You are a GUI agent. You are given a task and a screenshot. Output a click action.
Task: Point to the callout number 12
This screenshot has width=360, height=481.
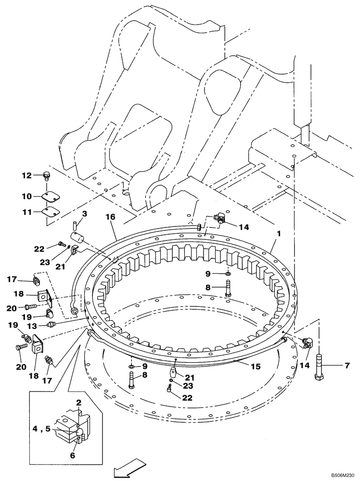(x=26, y=176)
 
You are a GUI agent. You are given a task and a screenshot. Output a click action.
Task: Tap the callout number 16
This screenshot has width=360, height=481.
(x=111, y=217)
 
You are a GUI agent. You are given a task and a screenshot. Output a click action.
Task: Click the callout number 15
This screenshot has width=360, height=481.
(x=255, y=367)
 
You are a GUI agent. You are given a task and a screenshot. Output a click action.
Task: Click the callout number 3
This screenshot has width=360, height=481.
(x=85, y=213)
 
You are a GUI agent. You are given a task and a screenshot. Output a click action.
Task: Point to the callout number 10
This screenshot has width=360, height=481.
(x=26, y=197)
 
